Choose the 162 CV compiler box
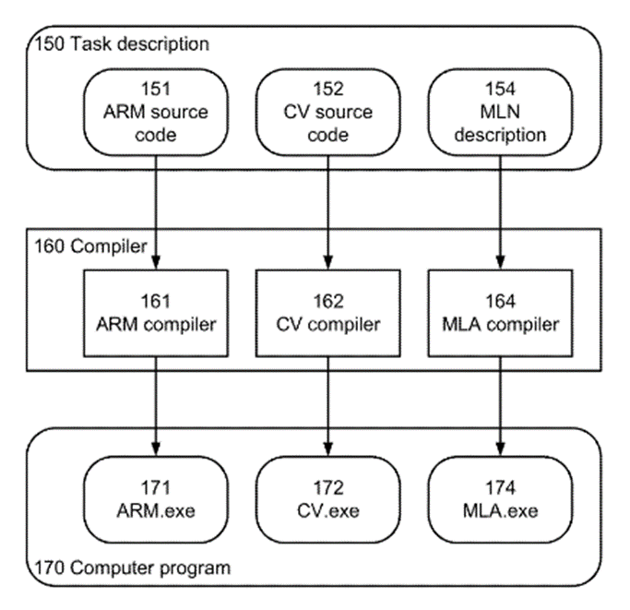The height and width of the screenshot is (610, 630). click(328, 314)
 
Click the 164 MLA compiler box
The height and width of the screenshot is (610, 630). click(500, 314)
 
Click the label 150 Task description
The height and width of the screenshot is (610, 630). click(121, 43)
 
